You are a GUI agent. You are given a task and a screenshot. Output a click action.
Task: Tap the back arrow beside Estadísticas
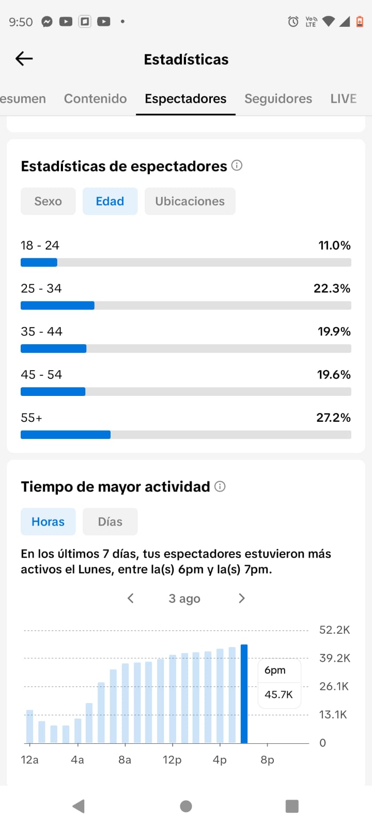[24, 59]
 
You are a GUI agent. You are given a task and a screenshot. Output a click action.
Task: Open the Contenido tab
[95, 99]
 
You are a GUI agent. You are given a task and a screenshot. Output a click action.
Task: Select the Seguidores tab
[278, 99]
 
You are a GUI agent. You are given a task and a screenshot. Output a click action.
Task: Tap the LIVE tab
[343, 99]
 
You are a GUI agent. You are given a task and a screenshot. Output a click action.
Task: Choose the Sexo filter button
[48, 201]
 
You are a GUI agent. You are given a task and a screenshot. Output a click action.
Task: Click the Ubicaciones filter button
[190, 201]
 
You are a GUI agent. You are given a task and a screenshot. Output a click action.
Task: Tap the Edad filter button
[110, 201]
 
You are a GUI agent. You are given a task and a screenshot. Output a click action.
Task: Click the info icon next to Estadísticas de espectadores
[237, 165]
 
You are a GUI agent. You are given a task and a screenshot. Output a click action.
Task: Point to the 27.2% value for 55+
[333, 418]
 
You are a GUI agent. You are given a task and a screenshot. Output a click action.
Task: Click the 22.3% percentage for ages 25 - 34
[332, 288]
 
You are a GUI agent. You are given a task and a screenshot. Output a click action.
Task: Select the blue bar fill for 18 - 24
[39, 263]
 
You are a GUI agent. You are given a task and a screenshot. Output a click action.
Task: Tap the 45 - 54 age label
[41, 375]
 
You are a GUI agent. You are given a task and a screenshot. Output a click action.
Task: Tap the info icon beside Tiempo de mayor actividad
[220, 486]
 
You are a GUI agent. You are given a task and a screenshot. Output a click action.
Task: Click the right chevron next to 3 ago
[242, 599]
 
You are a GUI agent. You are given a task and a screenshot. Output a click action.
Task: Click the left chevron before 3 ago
[130, 599]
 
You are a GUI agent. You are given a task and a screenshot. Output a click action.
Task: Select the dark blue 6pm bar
[244, 694]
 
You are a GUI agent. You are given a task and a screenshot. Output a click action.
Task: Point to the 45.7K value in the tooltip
[278, 695]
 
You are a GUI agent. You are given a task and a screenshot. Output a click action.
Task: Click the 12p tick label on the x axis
[173, 760]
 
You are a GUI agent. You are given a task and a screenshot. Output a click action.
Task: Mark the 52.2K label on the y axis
[334, 630]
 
